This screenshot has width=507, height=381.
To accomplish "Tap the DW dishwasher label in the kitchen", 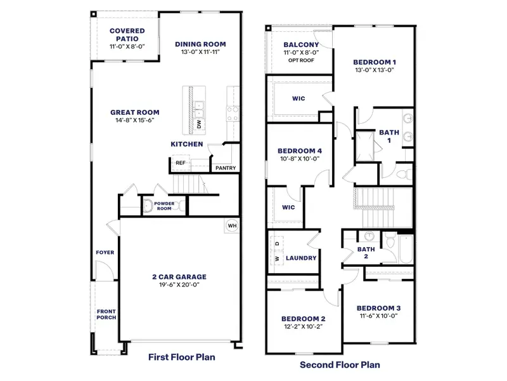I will [x=198, y=123].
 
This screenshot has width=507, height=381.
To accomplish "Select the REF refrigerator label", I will [x=181, y=163].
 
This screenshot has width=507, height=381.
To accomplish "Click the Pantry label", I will [x=226, y=168].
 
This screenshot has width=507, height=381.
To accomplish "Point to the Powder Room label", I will [x=164, y=206].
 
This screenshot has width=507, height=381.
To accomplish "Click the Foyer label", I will [x=105, y=253].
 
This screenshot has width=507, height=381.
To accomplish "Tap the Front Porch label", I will [x=106, y=314].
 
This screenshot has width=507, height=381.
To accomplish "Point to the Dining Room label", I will [x=200, y=44].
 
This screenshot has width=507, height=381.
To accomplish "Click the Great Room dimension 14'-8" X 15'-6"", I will [x=135, y=120].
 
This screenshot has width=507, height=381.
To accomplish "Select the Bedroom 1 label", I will [x=375, y=62].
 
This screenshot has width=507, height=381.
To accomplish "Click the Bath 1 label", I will [x=389, y=136].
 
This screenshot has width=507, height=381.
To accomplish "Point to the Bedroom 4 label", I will [x=300, y=150].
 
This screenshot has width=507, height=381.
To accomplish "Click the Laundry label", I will [x=301, y=258].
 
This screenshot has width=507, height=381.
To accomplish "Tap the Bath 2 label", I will [x=366, y=253].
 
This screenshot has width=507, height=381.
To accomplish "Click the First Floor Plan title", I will [x=181, y=358].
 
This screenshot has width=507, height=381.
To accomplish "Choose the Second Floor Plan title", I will [x=340, y=365].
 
